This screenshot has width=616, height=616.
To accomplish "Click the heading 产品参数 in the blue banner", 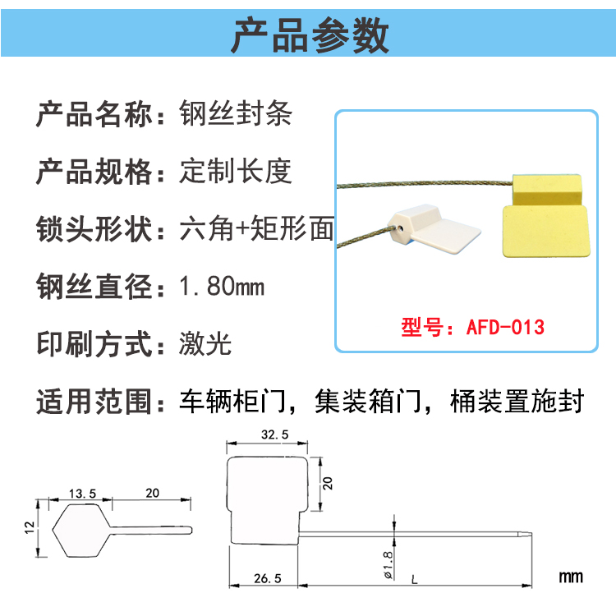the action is pyautogui.click(x=310, y=35).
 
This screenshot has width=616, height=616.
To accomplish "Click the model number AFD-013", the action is pyautogui.click(x=505, y=327).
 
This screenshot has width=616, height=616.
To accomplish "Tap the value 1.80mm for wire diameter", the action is pyautogui.click(x=222, y=286).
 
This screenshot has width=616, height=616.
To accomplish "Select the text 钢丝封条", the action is pyautogui.click(x=236, y=113).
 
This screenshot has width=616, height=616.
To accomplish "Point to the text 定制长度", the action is pyautogui.click(x=236, y=171).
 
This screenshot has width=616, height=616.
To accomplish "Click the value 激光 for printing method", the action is pyautogui.click(x=205, y=343).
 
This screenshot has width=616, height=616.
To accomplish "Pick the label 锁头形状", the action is pyautogui.click(x=94, y=228).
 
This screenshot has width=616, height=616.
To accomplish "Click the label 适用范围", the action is pyautogui.click(x=94, y=401).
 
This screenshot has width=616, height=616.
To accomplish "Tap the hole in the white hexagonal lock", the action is pyautogui.click(x=400, y=228).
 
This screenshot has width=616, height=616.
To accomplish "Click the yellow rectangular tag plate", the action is pyautogui.click(x=546, y=232).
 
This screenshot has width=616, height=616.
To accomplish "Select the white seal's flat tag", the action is pyautogui.click(x=446, y=236).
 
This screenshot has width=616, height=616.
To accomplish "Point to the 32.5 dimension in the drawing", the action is pyautogui.click(x=274, y=434).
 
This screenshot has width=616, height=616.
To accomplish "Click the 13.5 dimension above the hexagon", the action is pyautogui.click(x=82, y=494).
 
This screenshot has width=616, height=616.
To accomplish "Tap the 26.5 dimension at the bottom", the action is pyautogui.click(x=268, y=578).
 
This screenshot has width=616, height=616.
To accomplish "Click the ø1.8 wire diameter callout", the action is pyautogui.click(x=388, y=565).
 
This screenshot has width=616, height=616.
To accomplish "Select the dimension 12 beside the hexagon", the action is pyautogui.click(x=30, y=527).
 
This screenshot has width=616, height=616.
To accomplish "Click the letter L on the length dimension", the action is pyautogui.click(x=414, y=580).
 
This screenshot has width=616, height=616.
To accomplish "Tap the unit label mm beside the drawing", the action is pyautogui.click(x=571, y=577).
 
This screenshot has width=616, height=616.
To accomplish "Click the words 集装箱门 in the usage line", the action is pyautogui.click(x=368, y=401).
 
